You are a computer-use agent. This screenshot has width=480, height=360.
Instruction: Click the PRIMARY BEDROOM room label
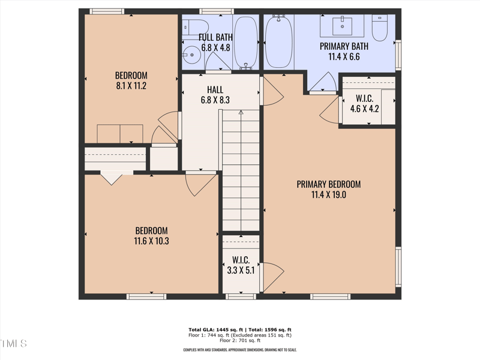click(x=328, y=184)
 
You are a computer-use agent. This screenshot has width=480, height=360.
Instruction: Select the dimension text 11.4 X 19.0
click(x=328, y=194)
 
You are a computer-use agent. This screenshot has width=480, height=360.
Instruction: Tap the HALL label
click(x=215, y=90)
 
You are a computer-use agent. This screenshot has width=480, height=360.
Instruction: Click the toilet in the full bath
click(x=196, y=26)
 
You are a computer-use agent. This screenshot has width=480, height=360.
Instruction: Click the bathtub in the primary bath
click(x=278, y=41)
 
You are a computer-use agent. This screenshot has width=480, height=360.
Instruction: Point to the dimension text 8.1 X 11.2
click(x=131, y=86)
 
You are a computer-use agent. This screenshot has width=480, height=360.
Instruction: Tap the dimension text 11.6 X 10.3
click(x=151, y=241)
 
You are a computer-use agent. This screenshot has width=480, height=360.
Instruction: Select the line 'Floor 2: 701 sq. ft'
click(x=239, y=341)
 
